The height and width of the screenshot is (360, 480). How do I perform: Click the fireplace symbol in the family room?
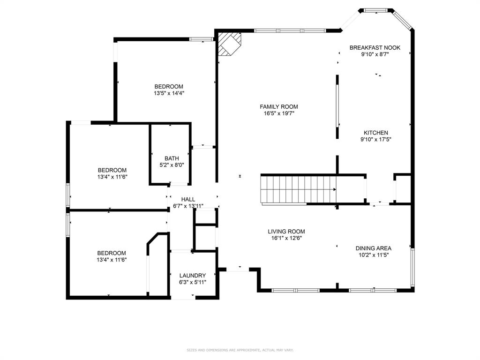pos(230,44)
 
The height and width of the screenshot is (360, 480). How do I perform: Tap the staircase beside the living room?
pos(298,189)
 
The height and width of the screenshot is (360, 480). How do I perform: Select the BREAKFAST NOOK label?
pos(375,47)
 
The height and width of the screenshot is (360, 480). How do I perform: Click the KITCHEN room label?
pos(374,133)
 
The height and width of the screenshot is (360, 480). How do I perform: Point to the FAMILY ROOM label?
pos(279,106)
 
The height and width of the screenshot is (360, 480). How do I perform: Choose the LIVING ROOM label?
pos(286,231)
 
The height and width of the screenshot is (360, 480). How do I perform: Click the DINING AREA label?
pos(373,248)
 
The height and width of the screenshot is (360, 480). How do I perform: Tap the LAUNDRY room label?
pos(192,275)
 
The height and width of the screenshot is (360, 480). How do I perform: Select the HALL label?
pos(188,199)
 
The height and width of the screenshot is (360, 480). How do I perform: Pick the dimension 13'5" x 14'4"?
pos(169,93)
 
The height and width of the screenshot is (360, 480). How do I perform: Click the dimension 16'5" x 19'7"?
pos(279,113)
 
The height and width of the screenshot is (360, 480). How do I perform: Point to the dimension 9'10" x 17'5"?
pos(375,139)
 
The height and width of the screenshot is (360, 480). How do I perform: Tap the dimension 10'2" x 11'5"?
pos(373,255)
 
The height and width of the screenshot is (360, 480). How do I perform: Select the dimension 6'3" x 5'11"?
pos(192,282)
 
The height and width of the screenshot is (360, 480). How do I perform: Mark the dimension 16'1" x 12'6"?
pos(286,238)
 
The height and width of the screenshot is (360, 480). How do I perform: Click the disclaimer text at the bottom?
pos(240,350)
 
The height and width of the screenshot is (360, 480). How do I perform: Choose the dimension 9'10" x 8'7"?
pos(375,54)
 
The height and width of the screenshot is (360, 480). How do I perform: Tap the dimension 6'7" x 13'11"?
pos(188,206)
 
